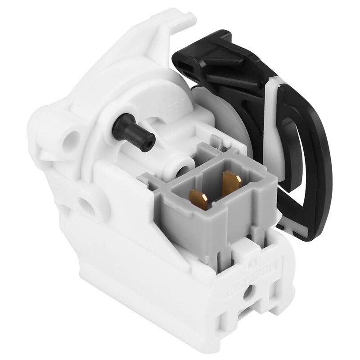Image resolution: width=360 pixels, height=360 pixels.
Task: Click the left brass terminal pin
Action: pyautogui.click(x=198, y=198)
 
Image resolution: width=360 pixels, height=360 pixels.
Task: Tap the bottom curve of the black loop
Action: pyautogui.click(x=310, y=211)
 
